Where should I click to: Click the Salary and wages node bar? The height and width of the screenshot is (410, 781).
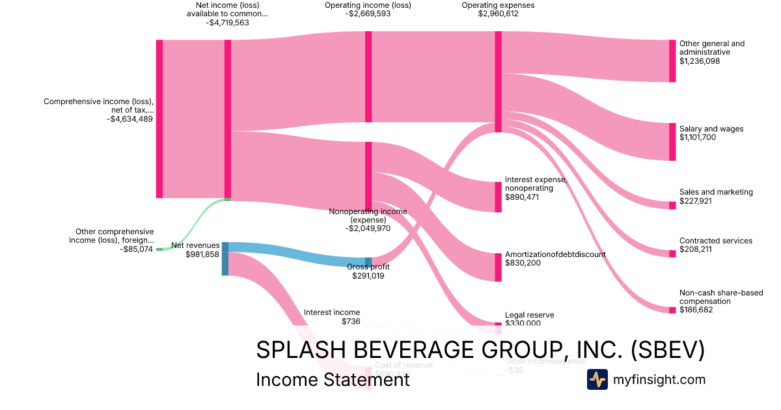672,141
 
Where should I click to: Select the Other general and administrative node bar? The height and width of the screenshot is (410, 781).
672,61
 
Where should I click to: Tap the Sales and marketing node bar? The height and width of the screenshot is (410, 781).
672,205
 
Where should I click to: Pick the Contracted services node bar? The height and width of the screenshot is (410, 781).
672,253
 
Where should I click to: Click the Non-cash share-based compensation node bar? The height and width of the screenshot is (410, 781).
672,310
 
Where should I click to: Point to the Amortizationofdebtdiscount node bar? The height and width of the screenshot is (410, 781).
499,267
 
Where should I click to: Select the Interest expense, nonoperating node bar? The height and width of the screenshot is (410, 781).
499,197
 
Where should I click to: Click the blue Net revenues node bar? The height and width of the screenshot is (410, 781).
225,258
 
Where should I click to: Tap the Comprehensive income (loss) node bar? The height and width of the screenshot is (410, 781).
159,118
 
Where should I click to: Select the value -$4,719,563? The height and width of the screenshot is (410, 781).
227,23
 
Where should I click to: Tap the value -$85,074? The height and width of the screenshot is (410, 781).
137,249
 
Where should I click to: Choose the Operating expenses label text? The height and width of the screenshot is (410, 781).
498,5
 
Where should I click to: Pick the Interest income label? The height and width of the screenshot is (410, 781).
331,312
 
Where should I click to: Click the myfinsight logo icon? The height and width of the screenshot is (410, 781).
597,379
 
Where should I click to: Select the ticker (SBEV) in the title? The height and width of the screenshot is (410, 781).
668,349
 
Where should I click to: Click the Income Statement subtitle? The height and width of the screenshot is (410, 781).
333,379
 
